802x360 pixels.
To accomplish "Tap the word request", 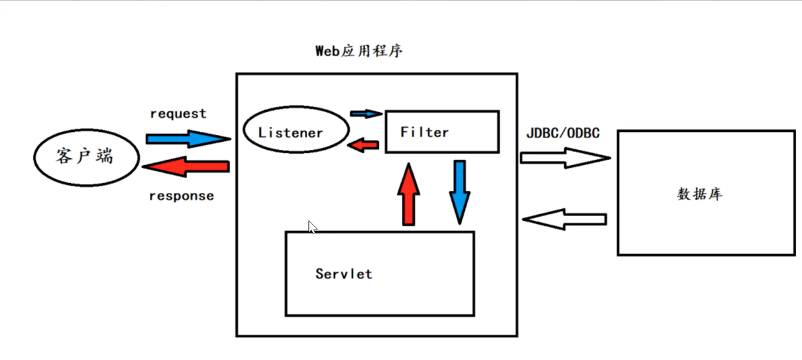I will [178, 114].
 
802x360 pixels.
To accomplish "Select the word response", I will [181, 196].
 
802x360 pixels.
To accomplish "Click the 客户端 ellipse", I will [86, 157].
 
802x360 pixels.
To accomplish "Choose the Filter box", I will [442, 132].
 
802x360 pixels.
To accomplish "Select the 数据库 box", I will [706, 192].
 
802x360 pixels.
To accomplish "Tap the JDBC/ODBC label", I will [563, 133].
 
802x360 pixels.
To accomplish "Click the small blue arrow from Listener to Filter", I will [366, 113].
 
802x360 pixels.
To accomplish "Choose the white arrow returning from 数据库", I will [564, 219].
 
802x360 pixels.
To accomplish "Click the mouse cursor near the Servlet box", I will [312, 227].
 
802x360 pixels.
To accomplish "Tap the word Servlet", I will [343, 274].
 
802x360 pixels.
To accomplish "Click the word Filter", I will [424, 132].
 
